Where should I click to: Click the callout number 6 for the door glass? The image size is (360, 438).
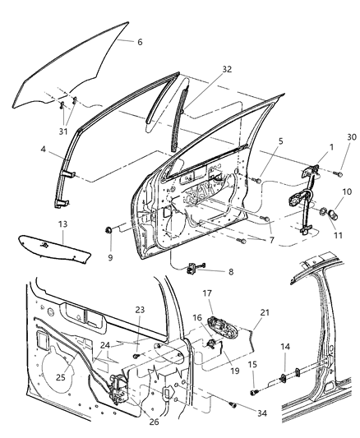pos(140,41)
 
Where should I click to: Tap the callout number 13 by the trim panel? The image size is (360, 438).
pos(39,224)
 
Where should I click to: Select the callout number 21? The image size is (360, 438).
pos(264,313)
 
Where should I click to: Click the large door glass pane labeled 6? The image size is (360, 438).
pos(74,70)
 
